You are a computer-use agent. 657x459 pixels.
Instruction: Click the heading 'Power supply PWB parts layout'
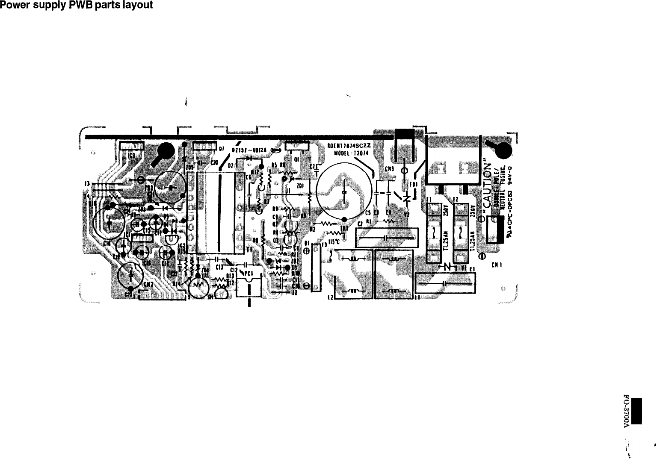[x=77, y=5]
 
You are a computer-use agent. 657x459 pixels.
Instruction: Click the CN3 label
[x=389, y=169]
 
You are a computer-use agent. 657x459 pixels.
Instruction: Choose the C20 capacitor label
[x=214, y=163]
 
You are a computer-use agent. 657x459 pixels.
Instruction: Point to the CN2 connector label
[x=148, y=285]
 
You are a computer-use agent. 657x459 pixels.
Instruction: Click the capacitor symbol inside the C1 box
[x=444, y=283]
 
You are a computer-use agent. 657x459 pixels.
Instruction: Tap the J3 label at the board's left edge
[x=87, y=184]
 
